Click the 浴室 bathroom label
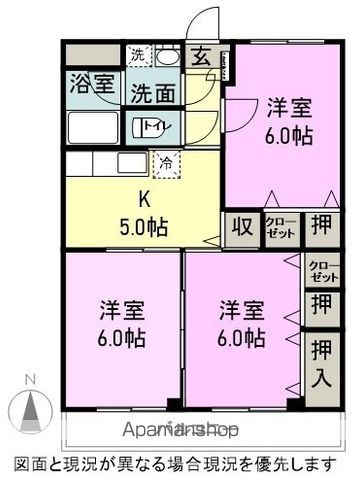(90, 85)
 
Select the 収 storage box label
(241, 225)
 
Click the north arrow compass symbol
(32, 409)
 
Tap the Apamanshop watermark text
(181, 431)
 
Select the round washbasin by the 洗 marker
(171, 57)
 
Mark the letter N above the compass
(32, 378)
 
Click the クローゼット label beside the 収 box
(279, 226)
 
